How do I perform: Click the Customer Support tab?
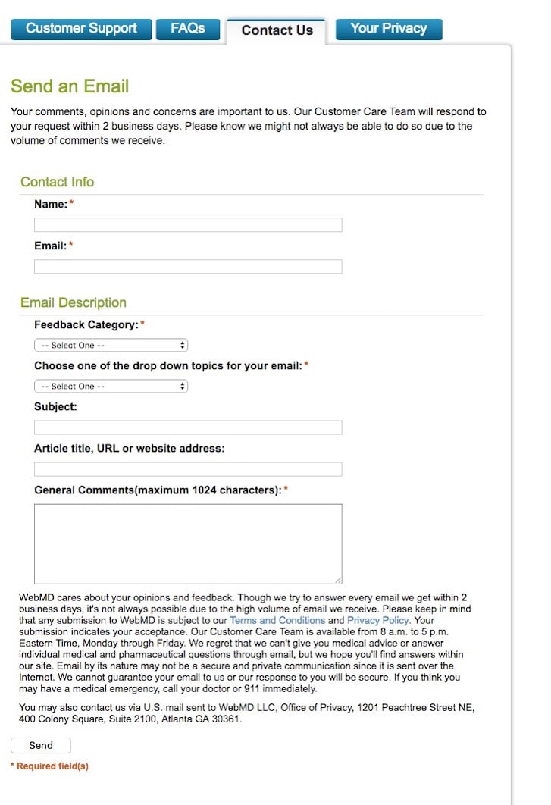[81, 29]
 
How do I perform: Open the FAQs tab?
[187, 29]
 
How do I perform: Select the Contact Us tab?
[277, 30]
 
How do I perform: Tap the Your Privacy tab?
[388, 29]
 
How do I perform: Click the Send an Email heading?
[70, 86]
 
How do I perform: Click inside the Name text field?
[188, 225]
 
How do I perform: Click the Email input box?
[188, 267]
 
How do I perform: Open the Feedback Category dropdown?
[111, 346]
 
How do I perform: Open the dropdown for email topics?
[111, 387]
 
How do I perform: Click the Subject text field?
[188, 428]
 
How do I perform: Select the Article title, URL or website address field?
[188, 469]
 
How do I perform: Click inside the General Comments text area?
[188, 543]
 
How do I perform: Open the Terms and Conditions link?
[277, 620]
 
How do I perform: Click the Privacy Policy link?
[377, 620]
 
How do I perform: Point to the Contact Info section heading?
[58, 182]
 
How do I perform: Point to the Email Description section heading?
[74, 303]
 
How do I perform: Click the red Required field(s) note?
[49, 766]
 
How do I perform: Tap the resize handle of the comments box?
[338, 580]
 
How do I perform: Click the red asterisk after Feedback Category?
[142, 324]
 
